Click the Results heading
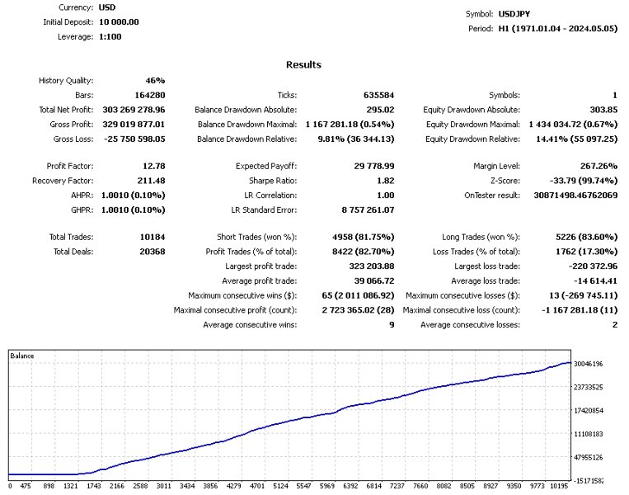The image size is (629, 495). click(303, 64)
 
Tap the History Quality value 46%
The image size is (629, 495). click(155, 81)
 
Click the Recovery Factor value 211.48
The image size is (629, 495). click(148, 181)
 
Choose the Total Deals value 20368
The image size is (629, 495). click(151, 252)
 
